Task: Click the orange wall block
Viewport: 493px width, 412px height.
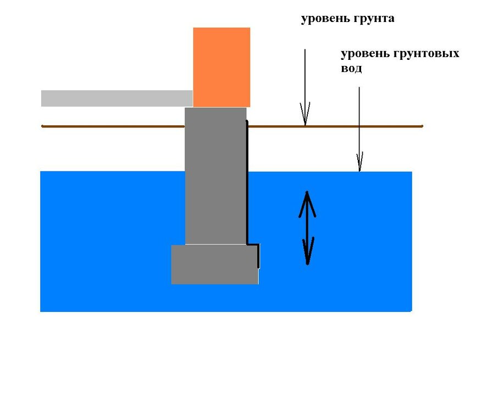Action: [x=221, y=67]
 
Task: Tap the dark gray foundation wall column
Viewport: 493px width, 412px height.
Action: [x=215, y=176]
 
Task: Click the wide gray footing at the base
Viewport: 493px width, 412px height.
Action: [x=214, y=264]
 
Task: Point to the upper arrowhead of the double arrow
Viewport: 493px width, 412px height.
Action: [x=307, y=201]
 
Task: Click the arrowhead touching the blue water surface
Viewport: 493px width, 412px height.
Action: [x=359, y=163]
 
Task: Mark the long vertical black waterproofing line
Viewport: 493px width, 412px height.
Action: [x=247, y=181]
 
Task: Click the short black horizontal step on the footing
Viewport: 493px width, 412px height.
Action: [x=253, y=244]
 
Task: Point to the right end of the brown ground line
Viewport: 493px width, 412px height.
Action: [x=422, y=126]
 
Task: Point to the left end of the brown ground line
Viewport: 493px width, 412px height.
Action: [x=43, y=126]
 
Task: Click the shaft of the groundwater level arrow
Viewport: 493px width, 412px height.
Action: [x=359, y=121]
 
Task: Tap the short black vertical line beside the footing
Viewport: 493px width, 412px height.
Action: [x=258, y=257]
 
